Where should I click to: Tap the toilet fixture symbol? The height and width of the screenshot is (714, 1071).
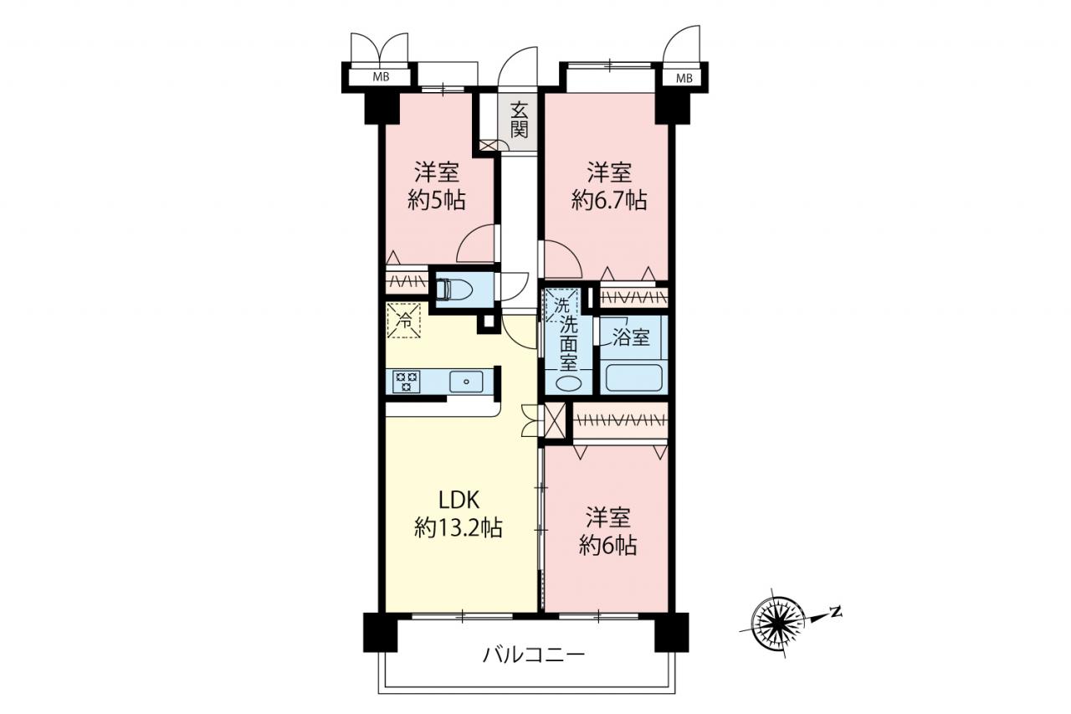click(454, 290)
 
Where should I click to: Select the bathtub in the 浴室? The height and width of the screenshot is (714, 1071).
click(634, 378)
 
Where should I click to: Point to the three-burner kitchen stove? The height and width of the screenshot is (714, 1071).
click(407, 382)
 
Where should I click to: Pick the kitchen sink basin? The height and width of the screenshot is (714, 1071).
click(466, 382)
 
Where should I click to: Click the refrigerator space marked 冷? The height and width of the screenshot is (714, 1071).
click(404, 321)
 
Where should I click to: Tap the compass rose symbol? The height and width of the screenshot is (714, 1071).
click(778, 623)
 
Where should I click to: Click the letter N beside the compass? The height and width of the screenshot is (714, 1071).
click(836, 611)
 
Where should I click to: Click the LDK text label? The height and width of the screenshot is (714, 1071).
click(459, 501)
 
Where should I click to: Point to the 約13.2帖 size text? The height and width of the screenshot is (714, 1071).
click(458, 529)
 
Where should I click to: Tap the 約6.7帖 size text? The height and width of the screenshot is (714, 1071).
click(610, 200)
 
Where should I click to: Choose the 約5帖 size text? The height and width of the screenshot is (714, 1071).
click(437, 200)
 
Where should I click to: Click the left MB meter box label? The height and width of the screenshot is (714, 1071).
click(381, 76)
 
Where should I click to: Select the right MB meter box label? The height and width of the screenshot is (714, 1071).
click(684, 79)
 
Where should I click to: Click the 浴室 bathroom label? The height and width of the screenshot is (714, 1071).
click(631, 338)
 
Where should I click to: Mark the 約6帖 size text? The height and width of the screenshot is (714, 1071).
click(608, 546)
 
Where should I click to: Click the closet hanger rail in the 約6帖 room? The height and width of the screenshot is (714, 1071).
click(621, 420)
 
